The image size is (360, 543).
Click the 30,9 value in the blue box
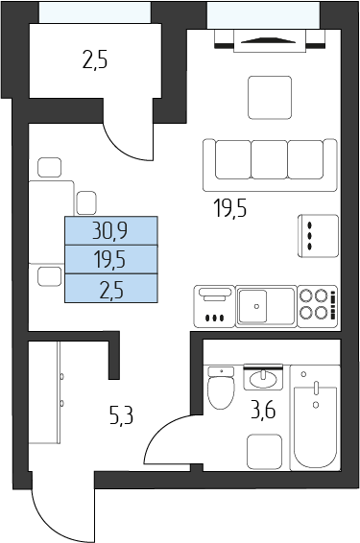(109, 231)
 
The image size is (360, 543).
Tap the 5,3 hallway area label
(121, 415)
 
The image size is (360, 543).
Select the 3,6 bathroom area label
(263, 410)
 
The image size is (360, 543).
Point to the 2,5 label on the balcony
(95, 59)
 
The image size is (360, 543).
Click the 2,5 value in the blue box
(111, 290)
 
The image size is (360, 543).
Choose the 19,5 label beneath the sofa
(230, 208)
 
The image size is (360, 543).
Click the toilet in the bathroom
(221, 389)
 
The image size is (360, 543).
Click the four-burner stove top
(318, 306)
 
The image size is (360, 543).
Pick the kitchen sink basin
(252, 306)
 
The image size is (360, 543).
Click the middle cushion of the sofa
(269, 159)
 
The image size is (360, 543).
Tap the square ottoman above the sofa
(270, 98)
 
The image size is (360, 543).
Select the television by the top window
(270, 41)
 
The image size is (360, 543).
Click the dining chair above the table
(50, 168)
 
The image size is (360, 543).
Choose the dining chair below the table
(50, 276)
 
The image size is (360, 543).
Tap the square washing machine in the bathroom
(264, 452)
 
